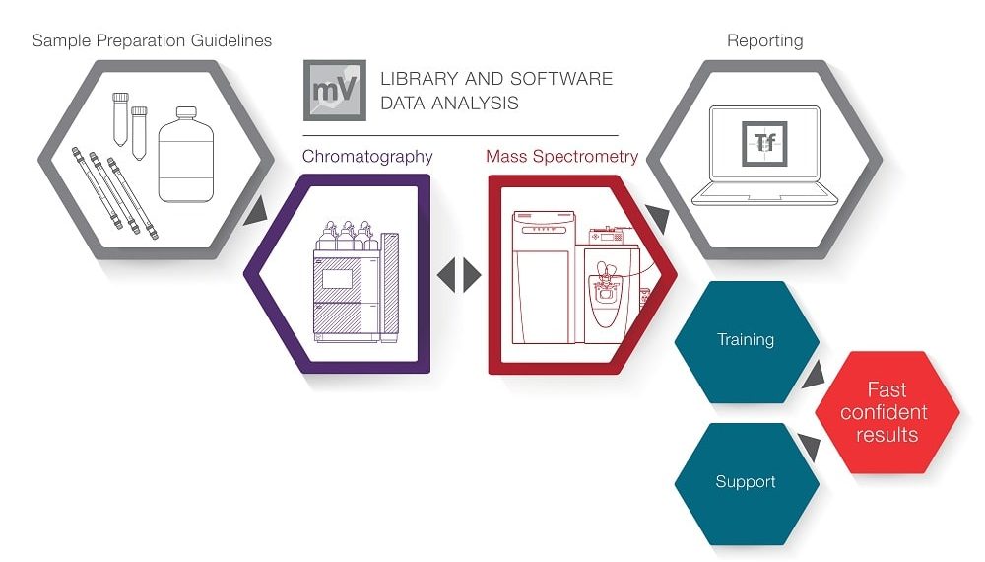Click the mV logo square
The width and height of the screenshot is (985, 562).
tap(334, 90)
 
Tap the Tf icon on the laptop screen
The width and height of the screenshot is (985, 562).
tap(764, 144)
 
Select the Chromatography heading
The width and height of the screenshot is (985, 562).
tap(367, 157)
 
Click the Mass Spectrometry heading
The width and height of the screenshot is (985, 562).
tap(561, 157)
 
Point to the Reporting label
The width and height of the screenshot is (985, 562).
tap(764, 41)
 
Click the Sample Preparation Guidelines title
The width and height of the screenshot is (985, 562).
tap(152, 41)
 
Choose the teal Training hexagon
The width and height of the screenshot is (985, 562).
tap(746, 340)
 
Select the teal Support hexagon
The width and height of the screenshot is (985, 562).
tap(746, 482)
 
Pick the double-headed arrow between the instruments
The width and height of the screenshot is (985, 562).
tap(459, 275)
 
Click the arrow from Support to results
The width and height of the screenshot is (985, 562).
tap(810, 449)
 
